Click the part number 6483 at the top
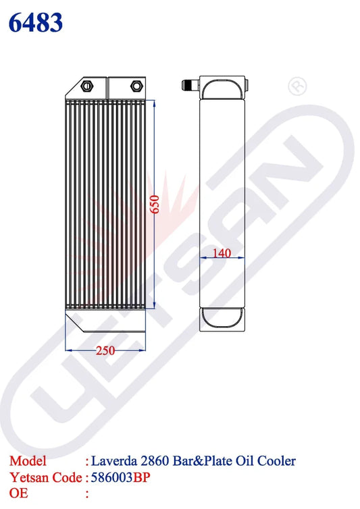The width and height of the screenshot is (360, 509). click(36, 22)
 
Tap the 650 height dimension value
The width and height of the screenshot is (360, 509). click(154, 205)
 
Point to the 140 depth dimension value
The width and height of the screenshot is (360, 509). click(222, 252)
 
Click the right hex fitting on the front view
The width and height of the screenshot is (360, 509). click(135, 86)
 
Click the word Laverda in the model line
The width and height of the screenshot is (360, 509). click(122, 462)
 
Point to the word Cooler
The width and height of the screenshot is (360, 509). click(277, 462)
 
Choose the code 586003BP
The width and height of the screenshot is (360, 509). click(121, 478)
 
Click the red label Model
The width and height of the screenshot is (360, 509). click(28, 462)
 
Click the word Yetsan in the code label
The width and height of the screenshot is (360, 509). click(28, 478)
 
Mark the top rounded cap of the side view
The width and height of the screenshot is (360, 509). click(222, 87)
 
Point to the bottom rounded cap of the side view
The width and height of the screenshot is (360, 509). click(222, 317)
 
